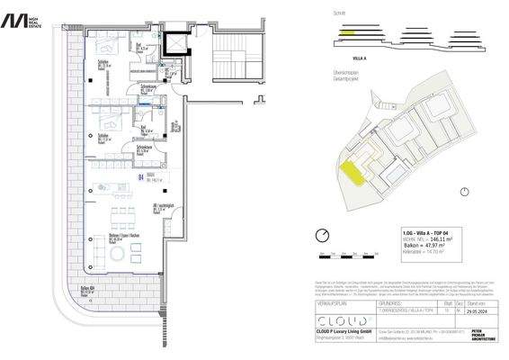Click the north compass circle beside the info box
click(x=323, y=236)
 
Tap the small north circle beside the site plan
click(x=463, y=191)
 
